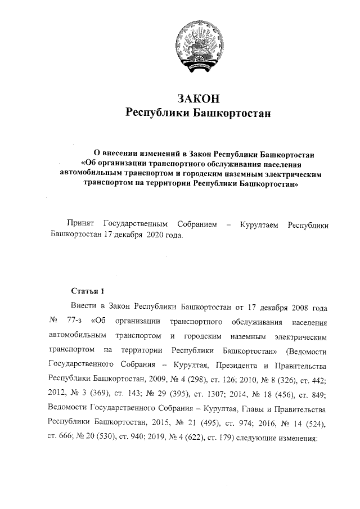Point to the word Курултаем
pos(261,224)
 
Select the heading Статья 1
pos(88,291)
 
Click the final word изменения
pos(296,435)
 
